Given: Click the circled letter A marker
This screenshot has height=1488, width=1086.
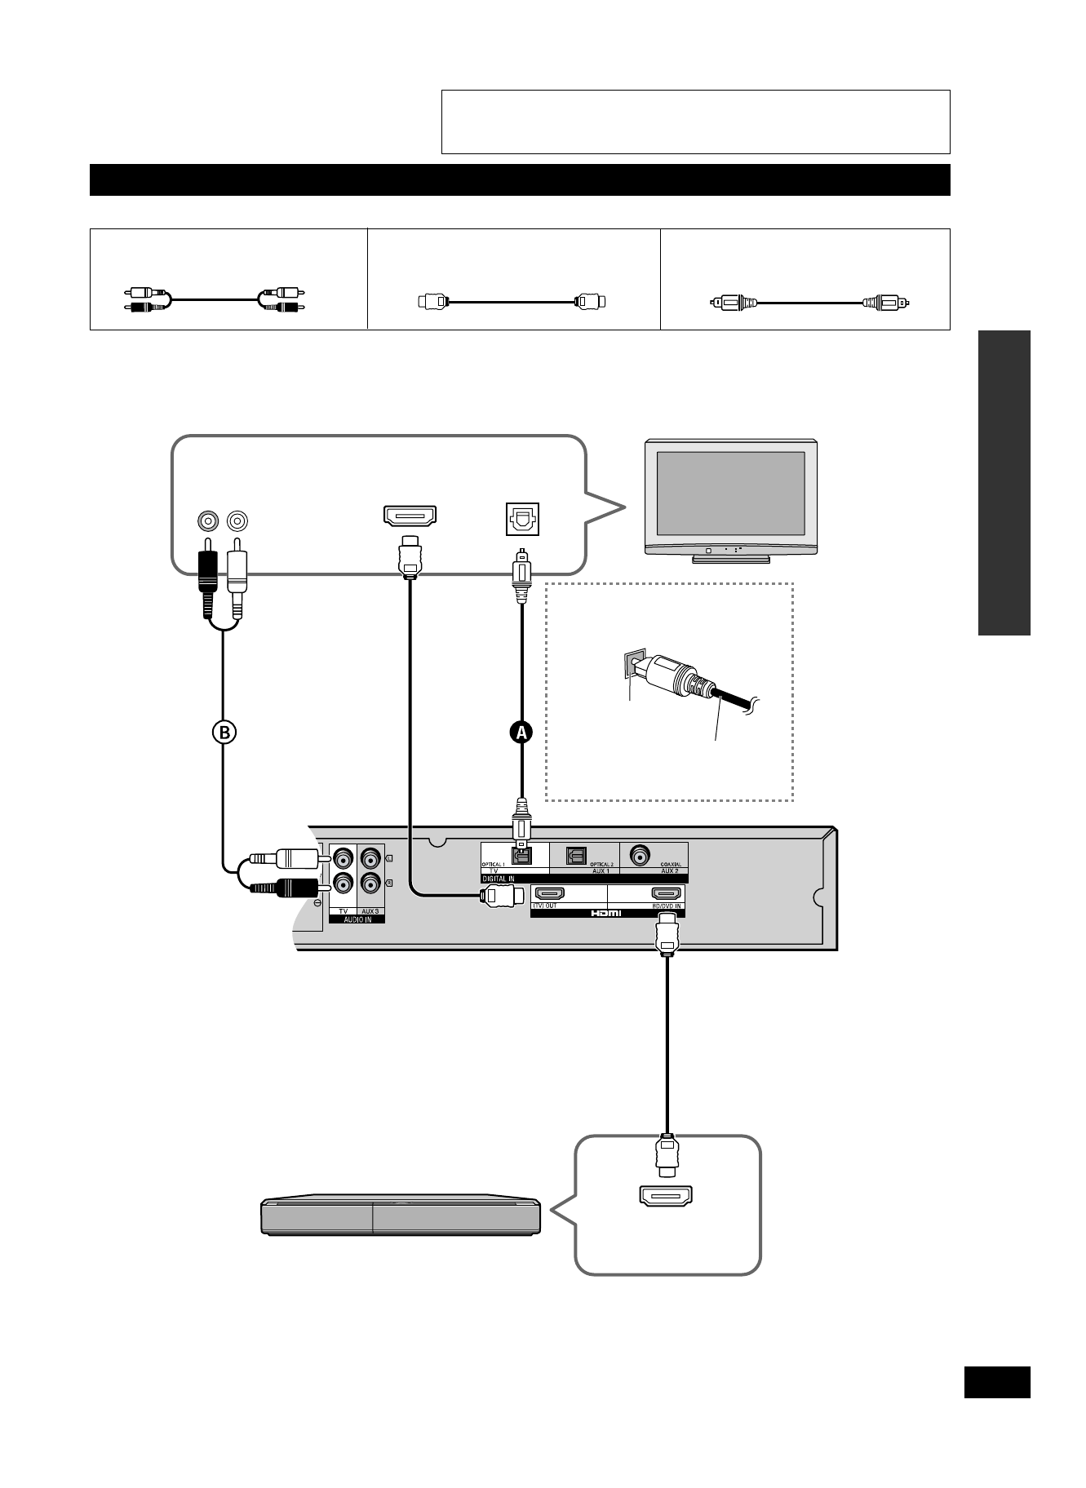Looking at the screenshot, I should pyautogui.click(x=521, y=732).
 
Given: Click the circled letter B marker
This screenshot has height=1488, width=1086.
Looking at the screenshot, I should pyautogui.click(x=224, y=732).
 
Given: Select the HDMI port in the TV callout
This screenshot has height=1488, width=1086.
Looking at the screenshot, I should pyautogui.click(x=410, y=516).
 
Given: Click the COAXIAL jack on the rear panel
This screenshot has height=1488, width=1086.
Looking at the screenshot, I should pyautogui.click(x=638, y=855).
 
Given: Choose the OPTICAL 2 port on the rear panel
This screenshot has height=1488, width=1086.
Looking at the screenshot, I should pyautogui.click(x=576, y=855).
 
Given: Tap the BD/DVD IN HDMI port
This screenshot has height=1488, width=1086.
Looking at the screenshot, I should pyautogui.click(x=667, y=894).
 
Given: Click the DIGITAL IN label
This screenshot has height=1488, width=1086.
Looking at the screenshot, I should pyautogui.click(x=499, y=879).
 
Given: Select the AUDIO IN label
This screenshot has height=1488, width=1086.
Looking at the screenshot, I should pyautogui.click(x=357, y=919).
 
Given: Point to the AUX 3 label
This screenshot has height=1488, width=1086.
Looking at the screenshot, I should pyautogui.click(x=371, y=910).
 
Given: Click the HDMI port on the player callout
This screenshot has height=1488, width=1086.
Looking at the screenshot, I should pyautogui.click(x=666, y=1196).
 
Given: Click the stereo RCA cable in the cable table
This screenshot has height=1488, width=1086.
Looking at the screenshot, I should pyautogui.click(x=215, y=300).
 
